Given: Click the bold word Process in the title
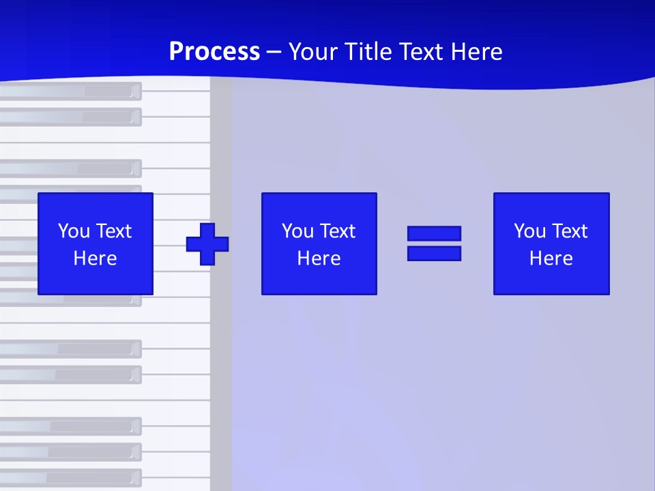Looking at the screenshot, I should (214, 51).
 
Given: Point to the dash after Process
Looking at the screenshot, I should (274, 52).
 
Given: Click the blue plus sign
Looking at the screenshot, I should (207, 243).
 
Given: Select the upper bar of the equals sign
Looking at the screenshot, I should (434, 233).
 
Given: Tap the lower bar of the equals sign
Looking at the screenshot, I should (434, 253).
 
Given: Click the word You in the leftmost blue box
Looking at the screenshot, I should (74, 231).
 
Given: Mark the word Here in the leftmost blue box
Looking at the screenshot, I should (95, 258).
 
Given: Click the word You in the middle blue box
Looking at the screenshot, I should (297, 231).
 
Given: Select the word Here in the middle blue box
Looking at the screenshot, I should (319, 258).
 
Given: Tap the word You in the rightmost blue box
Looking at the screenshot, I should (529, 231).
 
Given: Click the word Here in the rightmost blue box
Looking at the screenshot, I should (551, 258).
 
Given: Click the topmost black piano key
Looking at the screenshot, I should (68, 91).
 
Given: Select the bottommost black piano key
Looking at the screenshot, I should (68, 477).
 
